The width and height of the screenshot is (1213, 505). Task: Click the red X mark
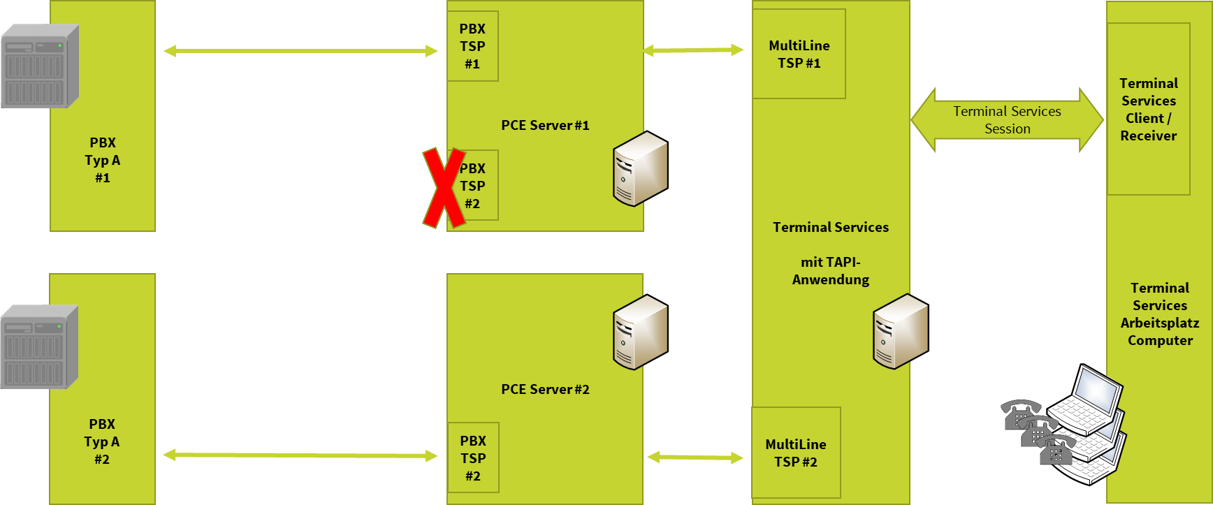point(444,188)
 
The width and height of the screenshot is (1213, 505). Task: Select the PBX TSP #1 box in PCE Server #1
point(472,46)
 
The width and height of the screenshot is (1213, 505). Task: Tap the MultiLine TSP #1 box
point(799,54)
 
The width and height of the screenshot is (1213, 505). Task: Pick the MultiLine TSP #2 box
point(796,453)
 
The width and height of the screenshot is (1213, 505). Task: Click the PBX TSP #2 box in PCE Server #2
point(473,458)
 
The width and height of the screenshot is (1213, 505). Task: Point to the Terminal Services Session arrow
point(1007,120)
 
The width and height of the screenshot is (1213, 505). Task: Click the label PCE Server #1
point(545,126)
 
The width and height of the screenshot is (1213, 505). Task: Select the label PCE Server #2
point(545,390)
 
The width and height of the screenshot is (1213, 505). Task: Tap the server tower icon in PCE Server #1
point(639,168)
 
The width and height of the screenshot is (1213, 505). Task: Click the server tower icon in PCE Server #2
point(639,332)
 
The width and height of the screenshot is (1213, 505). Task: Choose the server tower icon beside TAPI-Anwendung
point(900,331)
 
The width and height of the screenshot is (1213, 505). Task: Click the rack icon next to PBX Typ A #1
point(40,66)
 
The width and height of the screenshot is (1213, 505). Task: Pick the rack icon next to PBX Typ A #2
point(39,347)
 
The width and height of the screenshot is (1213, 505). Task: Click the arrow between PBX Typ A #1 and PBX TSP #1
point(300,51)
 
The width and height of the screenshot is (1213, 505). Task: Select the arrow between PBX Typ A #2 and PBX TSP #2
point(300,455)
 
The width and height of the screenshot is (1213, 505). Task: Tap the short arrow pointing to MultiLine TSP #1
point(693,50)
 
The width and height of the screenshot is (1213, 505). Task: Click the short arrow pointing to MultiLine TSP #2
point(695,458)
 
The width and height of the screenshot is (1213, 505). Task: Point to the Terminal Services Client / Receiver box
point(1148,109)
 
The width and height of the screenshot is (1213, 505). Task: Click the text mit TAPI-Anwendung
point(830,271)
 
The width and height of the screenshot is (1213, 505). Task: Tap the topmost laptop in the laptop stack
point(1087,400)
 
